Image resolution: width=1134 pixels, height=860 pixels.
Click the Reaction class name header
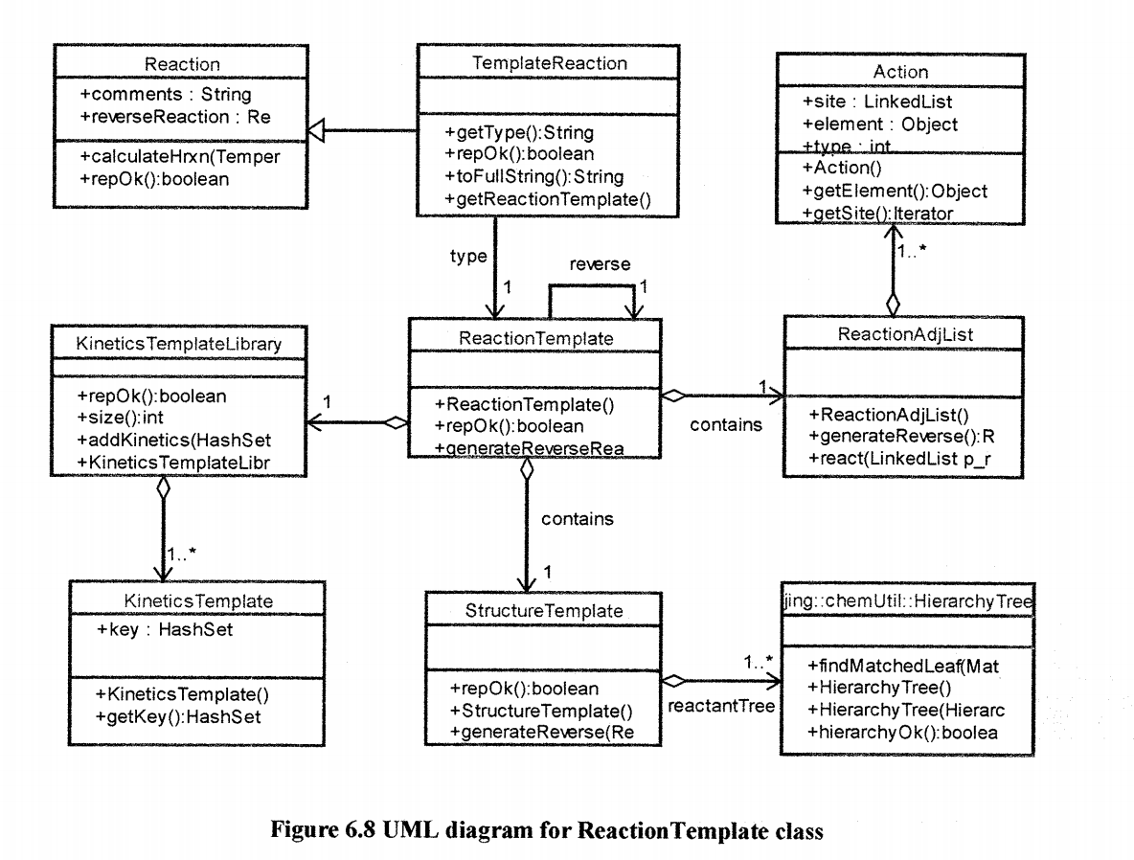point(182,65)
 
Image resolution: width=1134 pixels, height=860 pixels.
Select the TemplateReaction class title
point(550,63)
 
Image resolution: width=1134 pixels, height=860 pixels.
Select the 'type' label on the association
point(468,256)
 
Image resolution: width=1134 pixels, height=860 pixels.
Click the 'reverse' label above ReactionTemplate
point(600,264)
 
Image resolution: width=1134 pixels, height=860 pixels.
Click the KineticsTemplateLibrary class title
point(178,343)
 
